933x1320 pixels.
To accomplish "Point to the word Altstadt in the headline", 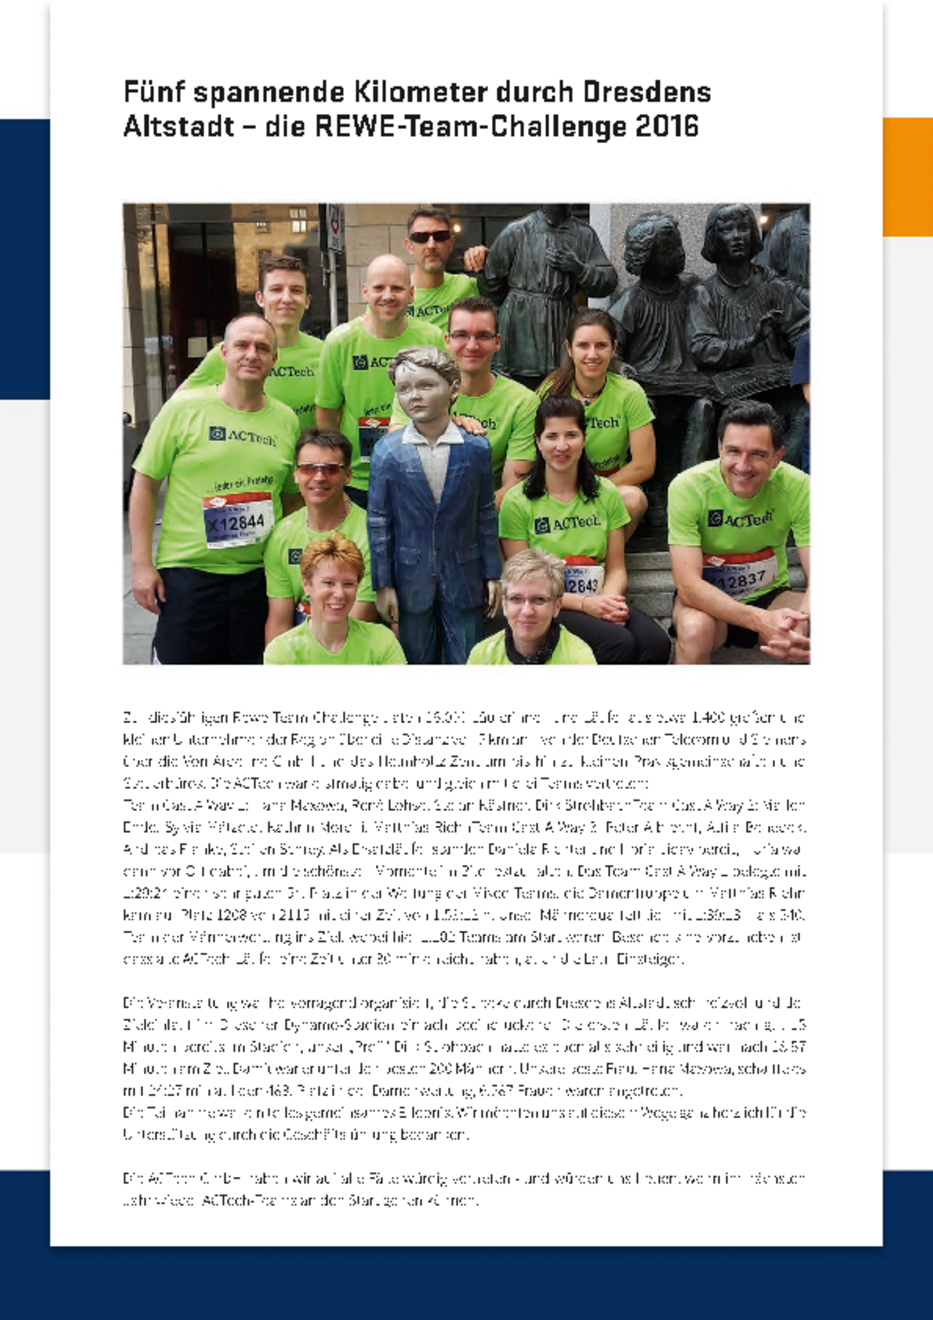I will coord(179,126).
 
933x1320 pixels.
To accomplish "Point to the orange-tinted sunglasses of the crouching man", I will coord(321,469).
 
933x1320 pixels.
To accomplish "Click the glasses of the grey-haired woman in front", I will coord(529,600).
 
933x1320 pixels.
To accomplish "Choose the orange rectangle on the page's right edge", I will coord(908,176).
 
